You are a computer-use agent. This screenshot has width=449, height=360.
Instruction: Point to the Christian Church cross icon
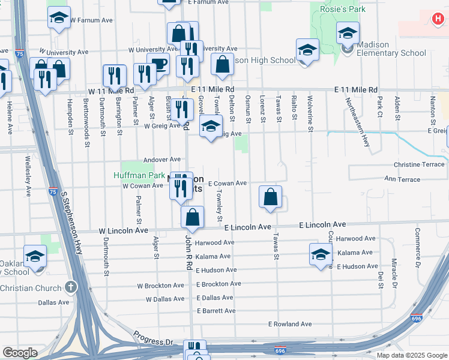tap(71, 287)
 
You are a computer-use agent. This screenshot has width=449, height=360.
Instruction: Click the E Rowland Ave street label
tap(290, 324)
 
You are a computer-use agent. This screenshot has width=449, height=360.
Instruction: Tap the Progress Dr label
tap(153, 336)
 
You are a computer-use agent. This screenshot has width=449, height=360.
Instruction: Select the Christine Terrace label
tap(419, 164)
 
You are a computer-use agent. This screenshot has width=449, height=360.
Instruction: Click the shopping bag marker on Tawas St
tap(271, 196)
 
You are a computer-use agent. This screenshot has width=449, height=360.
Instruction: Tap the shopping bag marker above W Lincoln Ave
tap(192, 218)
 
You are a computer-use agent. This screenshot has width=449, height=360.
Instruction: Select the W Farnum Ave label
tap(91, 20)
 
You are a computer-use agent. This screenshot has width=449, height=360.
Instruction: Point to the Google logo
tap(20, 353)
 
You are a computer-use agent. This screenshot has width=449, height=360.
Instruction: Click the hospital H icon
tap(439, 19)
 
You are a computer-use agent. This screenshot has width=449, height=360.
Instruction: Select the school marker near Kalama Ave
tap(321, 254)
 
